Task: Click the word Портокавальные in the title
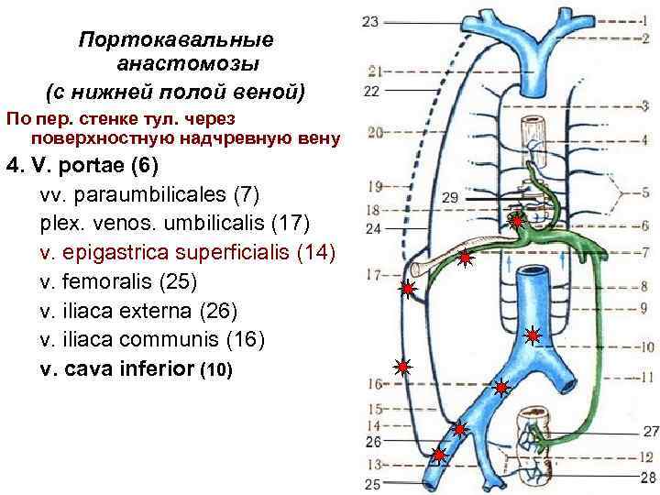tap(176, 41)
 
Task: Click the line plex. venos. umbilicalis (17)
tap(175, 224)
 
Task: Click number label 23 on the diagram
tap(369, 20)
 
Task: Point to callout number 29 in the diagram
tap(448, 196)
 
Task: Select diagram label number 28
tap(649, 477)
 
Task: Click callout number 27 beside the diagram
tap(650, 431)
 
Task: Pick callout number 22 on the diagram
tap(371, 91)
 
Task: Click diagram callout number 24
tap(373, 229)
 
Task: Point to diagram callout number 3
tap(645, 106)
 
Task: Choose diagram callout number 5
tap(645, 192)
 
